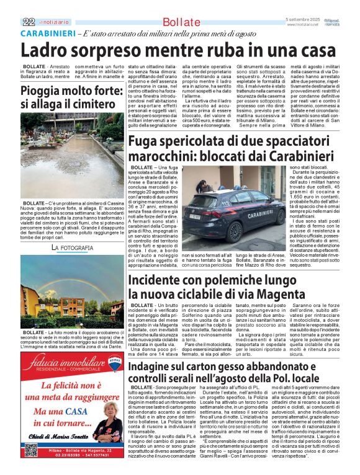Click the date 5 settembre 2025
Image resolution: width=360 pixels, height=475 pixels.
[305, 20]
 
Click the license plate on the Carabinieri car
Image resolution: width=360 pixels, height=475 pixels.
[194, 217]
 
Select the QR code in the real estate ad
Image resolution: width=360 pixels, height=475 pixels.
[30, 450]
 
